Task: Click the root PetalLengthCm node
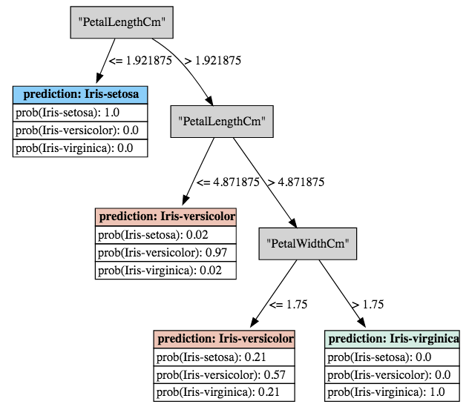122,22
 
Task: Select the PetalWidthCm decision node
308,244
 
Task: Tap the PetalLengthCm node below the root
222,122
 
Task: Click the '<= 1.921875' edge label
140,61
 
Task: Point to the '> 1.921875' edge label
213,61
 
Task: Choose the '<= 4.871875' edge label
228,182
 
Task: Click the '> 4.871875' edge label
296,182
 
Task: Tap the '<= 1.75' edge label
289,304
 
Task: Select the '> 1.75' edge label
367,304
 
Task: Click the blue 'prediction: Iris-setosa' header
80,95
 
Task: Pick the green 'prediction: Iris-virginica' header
392,340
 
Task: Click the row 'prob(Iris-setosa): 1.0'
80,113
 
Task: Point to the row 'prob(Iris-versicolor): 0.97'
165,253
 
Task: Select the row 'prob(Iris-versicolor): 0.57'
224,374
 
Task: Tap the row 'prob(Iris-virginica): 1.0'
392,392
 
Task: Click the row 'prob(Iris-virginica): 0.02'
165,271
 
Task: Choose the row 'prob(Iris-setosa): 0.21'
224,357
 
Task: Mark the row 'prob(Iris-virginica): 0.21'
224,392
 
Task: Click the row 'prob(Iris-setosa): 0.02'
165,235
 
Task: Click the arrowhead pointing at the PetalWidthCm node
293,223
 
